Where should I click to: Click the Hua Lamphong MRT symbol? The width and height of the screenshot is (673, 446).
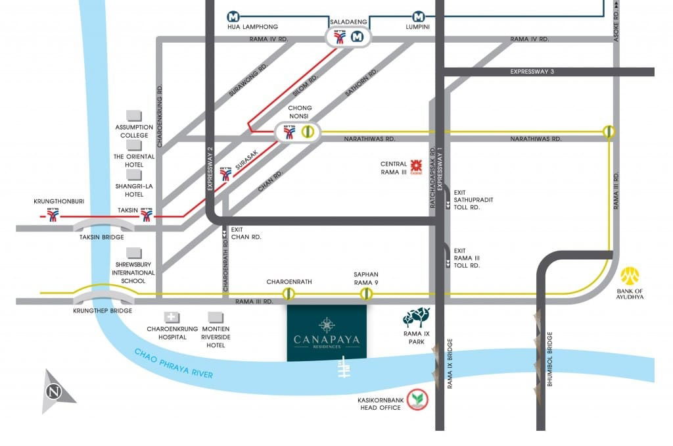[233, 16]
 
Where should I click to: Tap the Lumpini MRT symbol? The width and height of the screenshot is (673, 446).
[418, 16]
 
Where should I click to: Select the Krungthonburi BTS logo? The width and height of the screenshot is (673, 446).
[53, 214]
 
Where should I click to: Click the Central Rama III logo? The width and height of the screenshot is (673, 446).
[416, 166]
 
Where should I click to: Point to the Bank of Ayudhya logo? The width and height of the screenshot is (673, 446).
[629, 276]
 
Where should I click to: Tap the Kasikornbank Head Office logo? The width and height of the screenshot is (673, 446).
[417, 399]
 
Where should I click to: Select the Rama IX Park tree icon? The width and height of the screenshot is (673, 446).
[416, 318]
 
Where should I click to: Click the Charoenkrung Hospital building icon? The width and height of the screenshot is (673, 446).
[172, 317]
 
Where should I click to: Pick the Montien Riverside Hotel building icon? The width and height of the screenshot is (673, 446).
[216, 317]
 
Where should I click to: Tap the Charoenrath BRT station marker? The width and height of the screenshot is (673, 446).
[289, 294]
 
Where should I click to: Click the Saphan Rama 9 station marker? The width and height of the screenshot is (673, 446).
[366, 294]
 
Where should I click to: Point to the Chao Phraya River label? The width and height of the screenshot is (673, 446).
[174, 363]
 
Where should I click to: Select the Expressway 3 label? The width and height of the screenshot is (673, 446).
[532, 71]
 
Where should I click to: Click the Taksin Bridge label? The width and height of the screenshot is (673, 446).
[102, 237]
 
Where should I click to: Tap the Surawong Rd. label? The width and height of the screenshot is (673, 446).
[248, 80]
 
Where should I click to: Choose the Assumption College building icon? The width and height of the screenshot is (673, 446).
[134, 116]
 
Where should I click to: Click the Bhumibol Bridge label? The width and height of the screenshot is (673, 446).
[549, 359]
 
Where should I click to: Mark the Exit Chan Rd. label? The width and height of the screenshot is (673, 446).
[246, 234]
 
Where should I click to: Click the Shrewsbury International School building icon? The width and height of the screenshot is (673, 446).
[134, 253]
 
